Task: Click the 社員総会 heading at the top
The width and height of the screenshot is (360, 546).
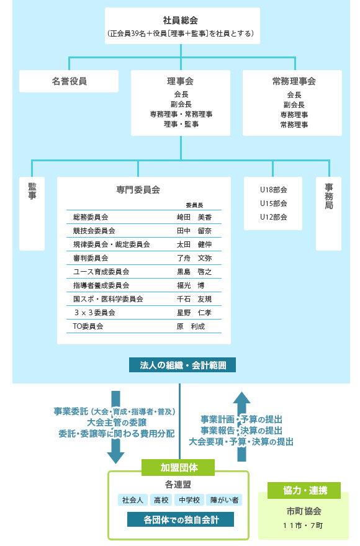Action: pos(181,20)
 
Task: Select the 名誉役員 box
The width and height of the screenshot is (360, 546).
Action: pos(69,81)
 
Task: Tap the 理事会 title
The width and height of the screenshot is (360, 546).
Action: pos(181,81)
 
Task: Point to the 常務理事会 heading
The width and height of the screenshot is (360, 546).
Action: pos(294,81)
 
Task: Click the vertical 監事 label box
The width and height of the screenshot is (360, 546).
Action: pos(32,213)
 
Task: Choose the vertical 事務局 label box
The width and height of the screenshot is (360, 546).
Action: pos(328,213)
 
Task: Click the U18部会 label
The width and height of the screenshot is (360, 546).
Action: pos(274,190)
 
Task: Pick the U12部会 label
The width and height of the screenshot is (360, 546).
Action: pos(274,217)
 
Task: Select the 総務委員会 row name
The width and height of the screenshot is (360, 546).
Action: pos(91,217)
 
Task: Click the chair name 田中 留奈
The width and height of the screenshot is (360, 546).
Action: pos(194,231)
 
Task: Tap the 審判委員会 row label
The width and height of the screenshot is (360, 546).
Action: pos(91,258)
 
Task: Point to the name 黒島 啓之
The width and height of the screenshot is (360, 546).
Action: pos(194,272)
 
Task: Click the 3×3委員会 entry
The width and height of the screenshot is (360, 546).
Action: pos(95,313)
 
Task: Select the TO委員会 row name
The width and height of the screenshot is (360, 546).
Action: pos(88,326)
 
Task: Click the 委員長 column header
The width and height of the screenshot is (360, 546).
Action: pos(194,205)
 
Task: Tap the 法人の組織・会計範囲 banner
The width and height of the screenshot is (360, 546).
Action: pos(182,365)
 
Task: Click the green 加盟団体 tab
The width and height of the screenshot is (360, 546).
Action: pos(178,467)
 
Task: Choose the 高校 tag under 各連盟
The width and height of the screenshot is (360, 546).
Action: pos(161,500)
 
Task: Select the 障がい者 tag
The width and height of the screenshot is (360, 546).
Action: pos(224,500)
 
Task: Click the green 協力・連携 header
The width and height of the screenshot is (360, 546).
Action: pos(304,490)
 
